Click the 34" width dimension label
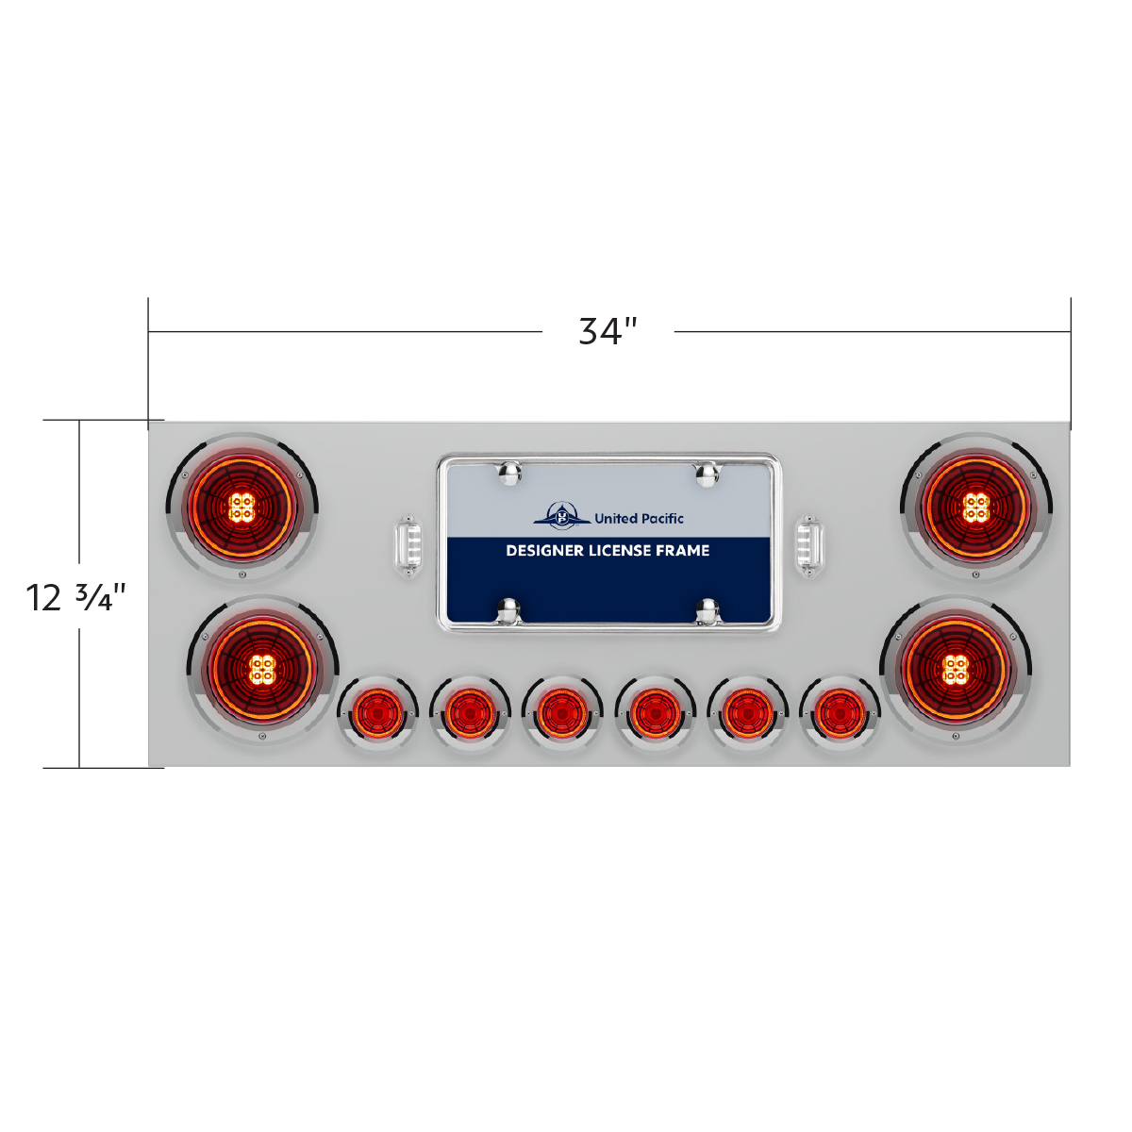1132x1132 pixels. [608, 331]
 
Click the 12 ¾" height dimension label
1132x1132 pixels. [75, 598]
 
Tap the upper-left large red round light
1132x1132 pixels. [242, 508]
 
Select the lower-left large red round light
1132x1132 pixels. [262, 670]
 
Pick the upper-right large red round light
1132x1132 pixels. [976, 508]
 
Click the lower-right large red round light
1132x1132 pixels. [956, 670]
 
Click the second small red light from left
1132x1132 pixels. [469, 713]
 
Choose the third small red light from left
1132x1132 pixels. [561, 713]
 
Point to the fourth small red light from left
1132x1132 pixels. [654, 713]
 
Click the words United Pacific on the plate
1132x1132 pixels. [639, 518]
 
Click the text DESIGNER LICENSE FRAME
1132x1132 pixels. [608, 550]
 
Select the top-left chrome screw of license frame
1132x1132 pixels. [510, 474]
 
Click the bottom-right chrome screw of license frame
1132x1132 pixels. [707, 611]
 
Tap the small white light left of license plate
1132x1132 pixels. [408, 545]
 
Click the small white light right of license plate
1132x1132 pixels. [808, 545]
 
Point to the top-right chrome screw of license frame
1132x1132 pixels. [707, 474]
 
